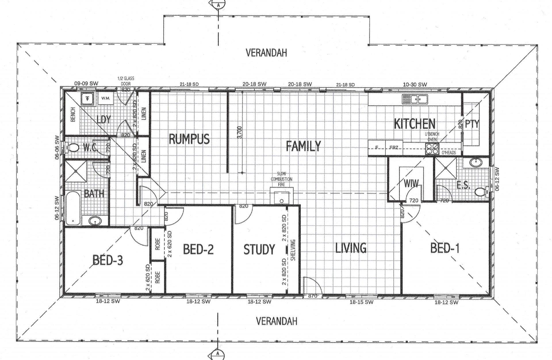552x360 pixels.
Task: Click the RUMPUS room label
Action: click(189, 139)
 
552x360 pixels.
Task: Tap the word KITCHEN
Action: click(415, 124)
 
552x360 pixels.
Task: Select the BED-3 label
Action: click(108, 260)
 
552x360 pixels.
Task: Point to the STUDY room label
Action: click(259, 249)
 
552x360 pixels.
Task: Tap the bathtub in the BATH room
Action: click(73, 208)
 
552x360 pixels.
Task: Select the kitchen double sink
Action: click(415, 99)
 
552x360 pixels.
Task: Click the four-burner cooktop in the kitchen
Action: click(432, 149)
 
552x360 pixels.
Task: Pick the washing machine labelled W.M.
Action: click(106, 98)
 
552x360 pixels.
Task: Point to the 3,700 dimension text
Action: click(240, 132)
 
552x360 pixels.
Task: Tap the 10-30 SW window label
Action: click(415, 84)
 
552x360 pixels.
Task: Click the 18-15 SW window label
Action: click(361, 302)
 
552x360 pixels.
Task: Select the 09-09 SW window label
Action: click(86, 83)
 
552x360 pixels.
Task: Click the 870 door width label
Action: click(313, 296)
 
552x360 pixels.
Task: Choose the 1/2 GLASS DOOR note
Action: click(126, 81)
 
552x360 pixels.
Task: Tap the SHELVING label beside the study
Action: click(293, 250)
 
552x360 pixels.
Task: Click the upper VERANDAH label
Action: click(266, 53)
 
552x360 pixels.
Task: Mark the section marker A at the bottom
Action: click(218, 353)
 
